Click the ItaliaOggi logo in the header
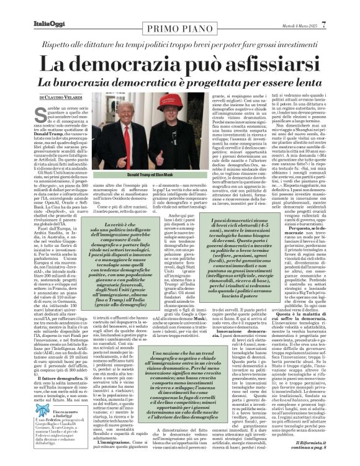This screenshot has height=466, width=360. (x=26, y=7)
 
